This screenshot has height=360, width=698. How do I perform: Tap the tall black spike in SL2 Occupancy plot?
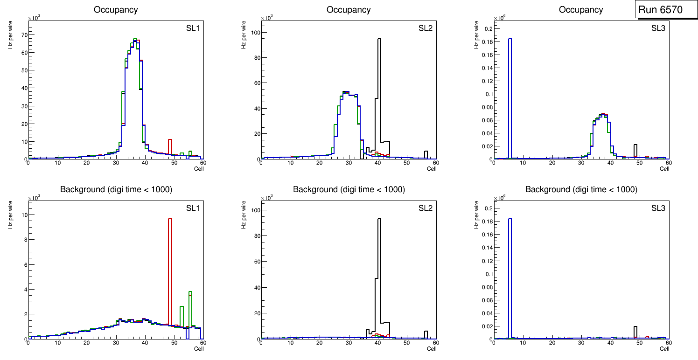(x=379, y=93)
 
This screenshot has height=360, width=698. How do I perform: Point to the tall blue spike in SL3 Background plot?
(x=510, y=280)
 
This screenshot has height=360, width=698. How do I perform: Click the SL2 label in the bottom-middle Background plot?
(x=425, y=208)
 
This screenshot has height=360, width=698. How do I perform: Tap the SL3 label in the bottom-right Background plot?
(x=658, y=208)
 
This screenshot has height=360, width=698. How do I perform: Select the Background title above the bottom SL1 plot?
(x=116, y=189)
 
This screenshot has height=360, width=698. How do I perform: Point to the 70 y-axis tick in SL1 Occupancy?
(x=23, y=35)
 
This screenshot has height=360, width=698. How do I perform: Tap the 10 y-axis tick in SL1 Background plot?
(x=23, y=215)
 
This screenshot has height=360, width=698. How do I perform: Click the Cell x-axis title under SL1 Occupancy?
(x=199, y=169)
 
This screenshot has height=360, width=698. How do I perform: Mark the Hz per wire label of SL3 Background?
(x=477, y=214)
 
